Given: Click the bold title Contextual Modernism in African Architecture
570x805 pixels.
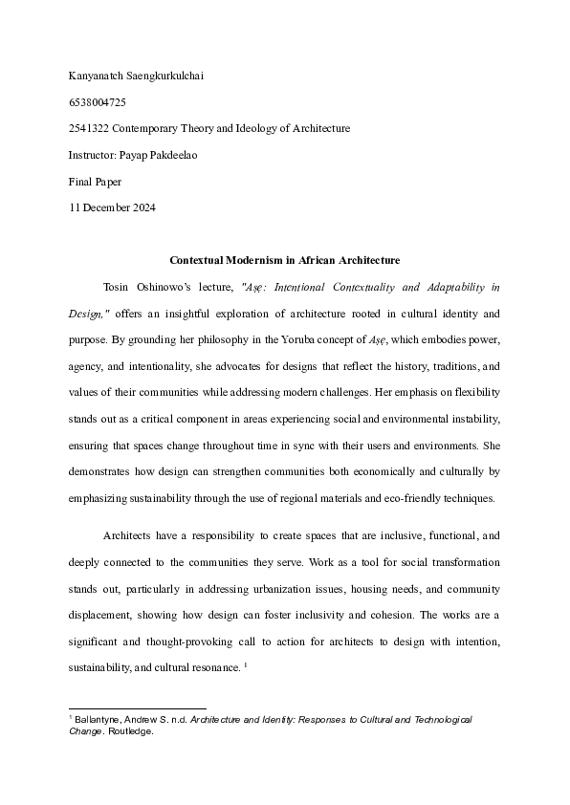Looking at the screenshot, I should (284, 260).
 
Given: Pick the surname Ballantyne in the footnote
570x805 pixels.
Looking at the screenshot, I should (98, 718).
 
